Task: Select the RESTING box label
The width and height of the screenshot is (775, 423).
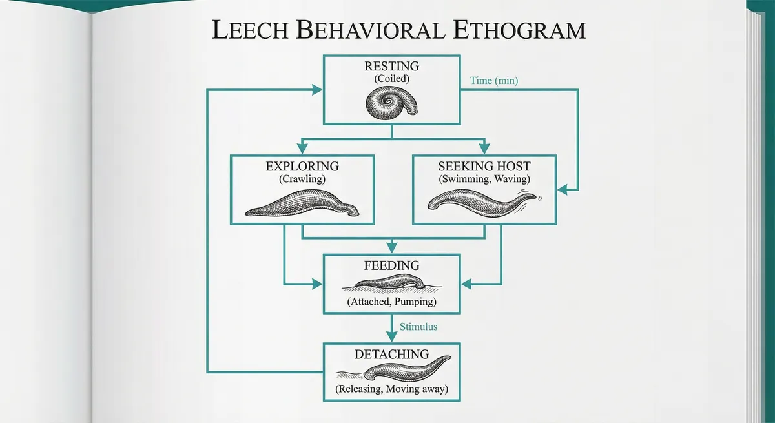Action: (x=391, y=66)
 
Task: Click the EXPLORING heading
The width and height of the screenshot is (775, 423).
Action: (x=302, y=166)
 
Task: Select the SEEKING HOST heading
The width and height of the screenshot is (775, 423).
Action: (x=484, y=166)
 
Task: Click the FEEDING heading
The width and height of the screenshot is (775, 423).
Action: (x=391, y=265)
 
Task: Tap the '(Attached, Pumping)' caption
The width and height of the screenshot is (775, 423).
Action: (x=391, y=302)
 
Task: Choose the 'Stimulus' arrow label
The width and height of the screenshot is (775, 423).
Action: (x=418, y=327)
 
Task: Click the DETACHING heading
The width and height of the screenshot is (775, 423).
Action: (x=391, y=354)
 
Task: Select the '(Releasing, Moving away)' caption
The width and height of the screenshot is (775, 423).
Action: (x=391, y=389)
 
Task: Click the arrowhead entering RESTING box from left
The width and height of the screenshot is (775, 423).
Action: (x=316, y=90)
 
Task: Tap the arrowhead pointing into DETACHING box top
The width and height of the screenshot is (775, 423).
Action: (x=391, y=337)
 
